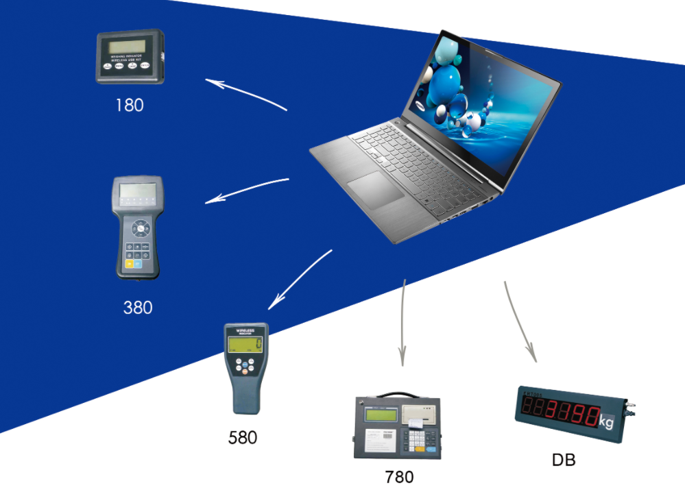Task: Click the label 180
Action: click(x=130, y=105)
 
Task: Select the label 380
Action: click(x=137, y=308)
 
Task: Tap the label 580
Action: click(x=243, y=436)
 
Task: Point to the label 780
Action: click(x=399, y=476)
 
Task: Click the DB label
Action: click(x=564, y=460)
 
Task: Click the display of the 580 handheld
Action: click(x=245, y=345)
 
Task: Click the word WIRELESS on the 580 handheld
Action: click(x=246, y=330)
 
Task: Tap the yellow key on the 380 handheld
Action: click(x=129, y=263)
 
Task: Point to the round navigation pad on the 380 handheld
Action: click(x=141, y=227)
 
